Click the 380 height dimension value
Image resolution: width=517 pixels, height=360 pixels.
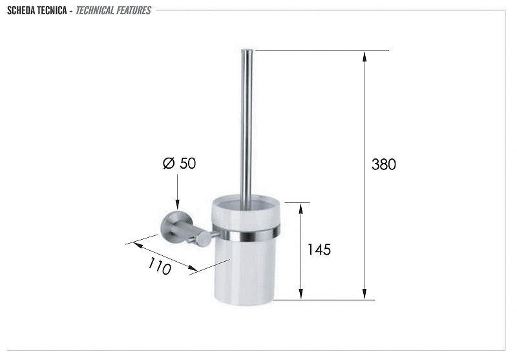click(383, 164)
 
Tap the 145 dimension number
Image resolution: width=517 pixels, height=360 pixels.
click(319, 249)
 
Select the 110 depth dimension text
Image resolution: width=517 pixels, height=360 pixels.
click(160, 266)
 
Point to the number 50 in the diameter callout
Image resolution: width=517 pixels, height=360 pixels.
click(188, 163)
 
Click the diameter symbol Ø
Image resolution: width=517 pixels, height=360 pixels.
click(169, 163)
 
